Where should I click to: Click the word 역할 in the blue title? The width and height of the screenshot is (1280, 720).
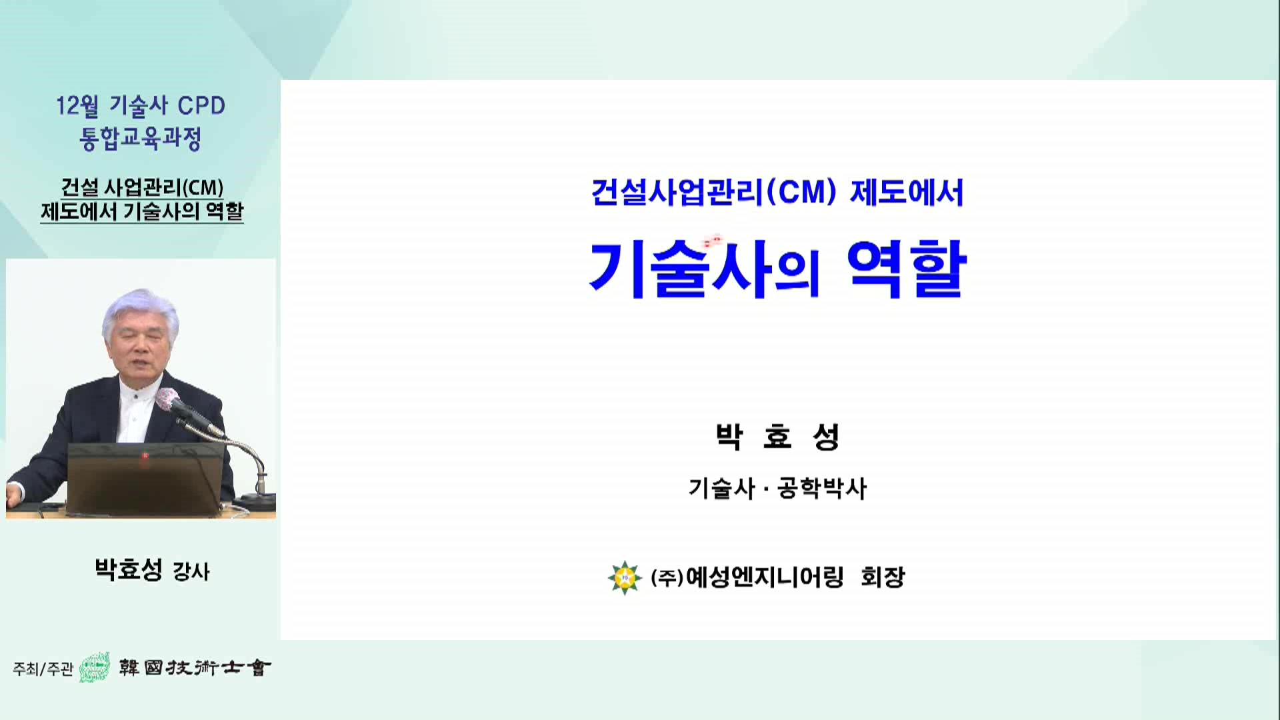pyautogui.click(x=907, y=269)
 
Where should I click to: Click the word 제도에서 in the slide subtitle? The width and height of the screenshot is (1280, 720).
pyautogui.click(x=907, y=193)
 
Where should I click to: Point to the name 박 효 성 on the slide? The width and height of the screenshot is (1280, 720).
pyautogui.click(x=777, y=437)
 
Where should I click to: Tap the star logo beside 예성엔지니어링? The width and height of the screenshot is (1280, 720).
pyautogui.click(x=625, y=577)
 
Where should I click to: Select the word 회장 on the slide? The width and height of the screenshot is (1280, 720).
pyautogui.click(x=883, y=577)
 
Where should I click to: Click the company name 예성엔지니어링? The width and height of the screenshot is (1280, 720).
pyautogui.click(x=764, y=577)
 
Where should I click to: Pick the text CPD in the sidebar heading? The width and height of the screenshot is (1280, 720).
pyautogui.click(x=201, y=106)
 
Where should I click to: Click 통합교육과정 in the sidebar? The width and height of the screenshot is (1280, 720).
pyautogui.click(x=140, y=139)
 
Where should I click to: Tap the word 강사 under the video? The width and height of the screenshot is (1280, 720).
pyautogui.click(x=191, y=571)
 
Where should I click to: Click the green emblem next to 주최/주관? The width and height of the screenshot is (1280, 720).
pyautogui.click(x=95, y=667)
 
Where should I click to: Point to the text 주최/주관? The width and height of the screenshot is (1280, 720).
pyautogui.click(x=43, y=669)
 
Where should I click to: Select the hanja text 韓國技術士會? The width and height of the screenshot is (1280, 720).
pyautogui.click(x=195, y=667)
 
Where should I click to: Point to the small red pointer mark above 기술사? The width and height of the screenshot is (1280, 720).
pyautogui.click(x=713, y=240)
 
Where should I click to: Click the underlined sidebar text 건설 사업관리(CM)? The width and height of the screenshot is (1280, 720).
pyautogui.click(x=142, y=188)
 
